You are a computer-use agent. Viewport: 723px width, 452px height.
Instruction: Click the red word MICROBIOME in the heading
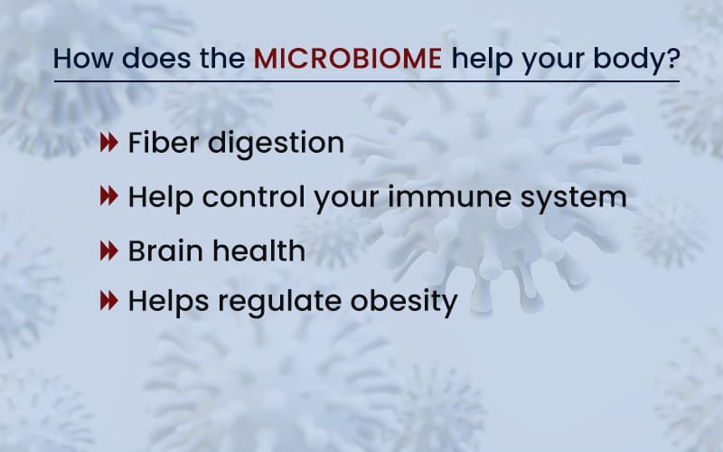[x=348, y=59]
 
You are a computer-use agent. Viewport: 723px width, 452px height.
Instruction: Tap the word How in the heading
[x=83, y=59]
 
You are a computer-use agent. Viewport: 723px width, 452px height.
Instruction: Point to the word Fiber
[x=164, y=142]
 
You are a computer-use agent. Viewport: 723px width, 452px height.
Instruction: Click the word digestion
[x=277, y=144]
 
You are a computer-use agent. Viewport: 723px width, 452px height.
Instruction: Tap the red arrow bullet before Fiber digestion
[x=108, y=143]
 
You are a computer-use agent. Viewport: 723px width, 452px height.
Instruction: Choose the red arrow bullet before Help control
[x=108, y=196]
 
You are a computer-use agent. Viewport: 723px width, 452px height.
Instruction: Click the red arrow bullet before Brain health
[x=108, y=251]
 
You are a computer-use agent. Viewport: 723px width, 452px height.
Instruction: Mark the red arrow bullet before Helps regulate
[x=108, y=301]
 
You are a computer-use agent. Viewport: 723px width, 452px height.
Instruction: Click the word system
[x=573, y=199]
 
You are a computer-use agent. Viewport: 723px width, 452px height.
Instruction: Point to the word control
[x=254, y=196]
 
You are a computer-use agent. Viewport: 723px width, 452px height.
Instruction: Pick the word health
[x=259, y=250]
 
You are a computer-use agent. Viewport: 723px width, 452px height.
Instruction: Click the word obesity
[x=404, y=303]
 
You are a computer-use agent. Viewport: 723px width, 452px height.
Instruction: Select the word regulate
[x=279, y=303]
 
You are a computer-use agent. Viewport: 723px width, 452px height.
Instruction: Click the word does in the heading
[x=156, y=59]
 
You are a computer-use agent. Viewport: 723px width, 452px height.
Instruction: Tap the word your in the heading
[x=553, y=61]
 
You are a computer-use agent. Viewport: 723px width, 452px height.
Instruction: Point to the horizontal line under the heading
[x=367, y=81]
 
